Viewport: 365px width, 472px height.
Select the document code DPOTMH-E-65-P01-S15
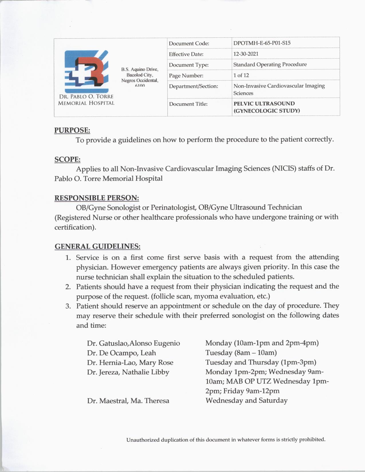point(262,43)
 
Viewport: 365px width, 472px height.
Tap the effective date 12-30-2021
point(246,54)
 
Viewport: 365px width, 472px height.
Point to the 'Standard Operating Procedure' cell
point(270,64)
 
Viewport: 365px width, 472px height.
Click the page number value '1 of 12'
point(241,75)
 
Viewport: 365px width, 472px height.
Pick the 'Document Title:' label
point(188,104)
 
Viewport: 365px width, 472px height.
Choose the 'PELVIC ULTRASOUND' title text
point(264,104)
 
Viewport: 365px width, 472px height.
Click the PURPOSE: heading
point(72,130)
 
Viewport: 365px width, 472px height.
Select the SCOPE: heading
point(67,159)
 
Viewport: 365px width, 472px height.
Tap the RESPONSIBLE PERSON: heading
point(97,198)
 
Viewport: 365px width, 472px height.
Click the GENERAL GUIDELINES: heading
point(97,246)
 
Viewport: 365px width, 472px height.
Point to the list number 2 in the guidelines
point(68,287)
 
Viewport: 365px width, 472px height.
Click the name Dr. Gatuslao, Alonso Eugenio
point(133,343)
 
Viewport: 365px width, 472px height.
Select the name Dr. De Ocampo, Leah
point(121,353)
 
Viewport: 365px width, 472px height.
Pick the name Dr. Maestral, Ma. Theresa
point(128,401)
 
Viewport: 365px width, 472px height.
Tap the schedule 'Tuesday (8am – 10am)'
point(241,353)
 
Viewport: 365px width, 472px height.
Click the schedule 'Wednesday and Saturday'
point(246,400)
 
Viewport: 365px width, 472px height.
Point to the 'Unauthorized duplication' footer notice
point(226,440)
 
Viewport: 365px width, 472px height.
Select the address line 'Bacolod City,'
point(140,75)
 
